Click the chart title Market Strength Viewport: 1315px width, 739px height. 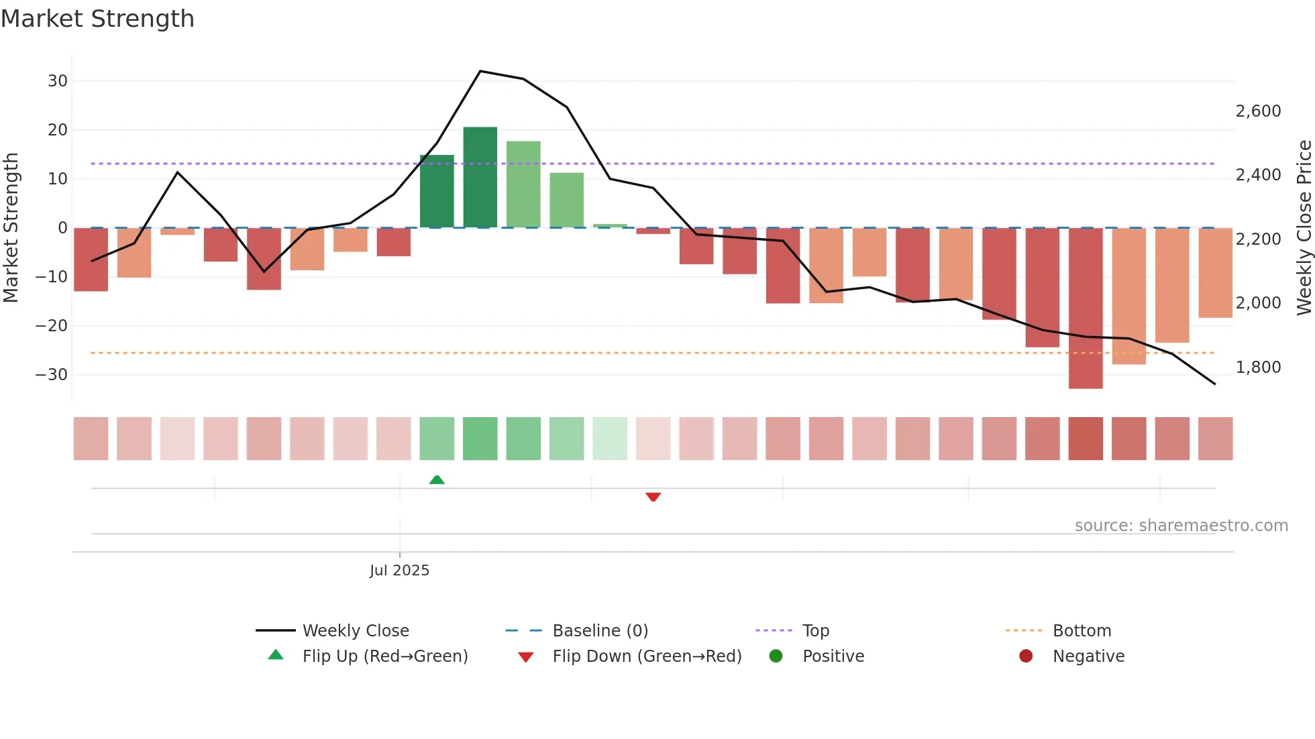coord(97,19)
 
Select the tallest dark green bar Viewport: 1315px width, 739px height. coord(480,177)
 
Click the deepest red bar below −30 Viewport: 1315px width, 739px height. coord(1086,308)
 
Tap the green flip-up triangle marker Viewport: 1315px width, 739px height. coord(437,479)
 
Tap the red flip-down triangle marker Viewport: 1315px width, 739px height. coord(653,497)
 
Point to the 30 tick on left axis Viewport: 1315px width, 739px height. coord(58,81)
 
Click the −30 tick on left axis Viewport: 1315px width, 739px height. coord(52,375)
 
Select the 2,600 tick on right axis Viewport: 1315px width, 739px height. coord(1258,111)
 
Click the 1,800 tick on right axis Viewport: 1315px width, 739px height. coord(1258,367)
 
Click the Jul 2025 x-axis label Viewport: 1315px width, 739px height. coord(399,571)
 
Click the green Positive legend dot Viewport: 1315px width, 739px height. coord(776,657)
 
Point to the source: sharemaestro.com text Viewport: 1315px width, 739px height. coord(1181,526)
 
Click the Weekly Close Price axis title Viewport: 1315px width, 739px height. coord(1304,228)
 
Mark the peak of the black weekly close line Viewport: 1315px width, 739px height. coord(480,71)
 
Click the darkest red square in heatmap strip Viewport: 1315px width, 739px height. coord(1086,439)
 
